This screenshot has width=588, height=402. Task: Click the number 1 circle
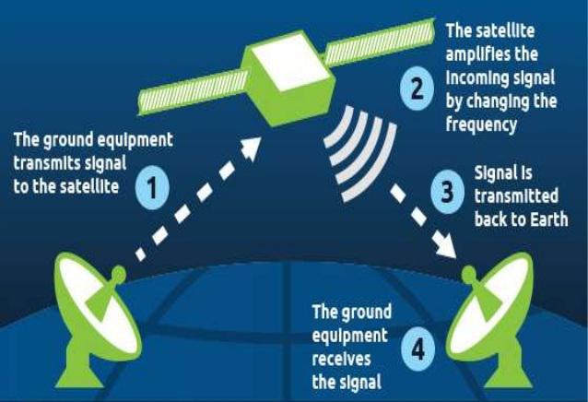click(x=152, y=187)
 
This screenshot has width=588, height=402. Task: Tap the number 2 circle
click(x=417, y=89)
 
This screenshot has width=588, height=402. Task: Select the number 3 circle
click(x=447, y=192)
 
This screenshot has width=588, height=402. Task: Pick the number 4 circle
click(x=418, y=349)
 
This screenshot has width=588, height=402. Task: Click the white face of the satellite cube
click(x=292, y=62)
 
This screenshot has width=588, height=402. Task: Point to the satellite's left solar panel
click(x=194, y=92)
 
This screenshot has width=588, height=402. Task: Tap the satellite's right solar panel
click(x=380, y=42)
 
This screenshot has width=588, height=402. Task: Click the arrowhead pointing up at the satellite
click(x=250, y=148)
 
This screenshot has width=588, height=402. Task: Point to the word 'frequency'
click(x=481, y=124)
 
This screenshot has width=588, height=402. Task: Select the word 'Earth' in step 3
click(x=548, y=219)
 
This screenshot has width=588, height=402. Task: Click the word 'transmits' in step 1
click(x=47, y=163)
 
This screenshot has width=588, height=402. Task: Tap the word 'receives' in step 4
click(x=341, y=360)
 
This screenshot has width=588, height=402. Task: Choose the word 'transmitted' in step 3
click(x=516, y=196)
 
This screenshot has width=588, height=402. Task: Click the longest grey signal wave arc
click(x=371, y=162)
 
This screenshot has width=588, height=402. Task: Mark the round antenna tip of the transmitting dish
click(x=119, y=273)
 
